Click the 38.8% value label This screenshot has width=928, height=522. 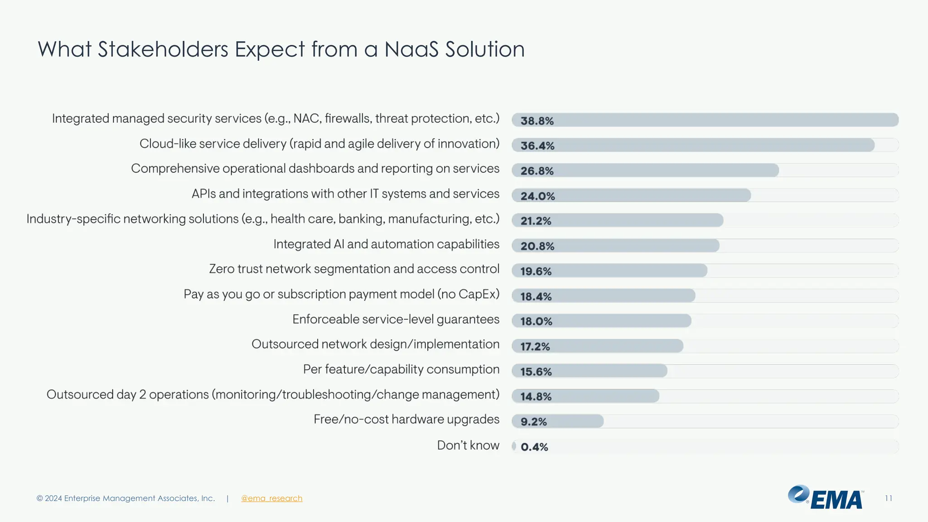(x=537, y=121)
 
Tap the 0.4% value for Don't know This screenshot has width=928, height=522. (x=534, y=447)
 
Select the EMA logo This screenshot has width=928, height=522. (x=826, y=498)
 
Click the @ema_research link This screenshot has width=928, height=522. (x=271, y=498)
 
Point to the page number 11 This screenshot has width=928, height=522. (x=888, y=498)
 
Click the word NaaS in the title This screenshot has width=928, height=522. (x=411, y=49)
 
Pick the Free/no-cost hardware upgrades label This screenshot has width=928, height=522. (x=406, y=420)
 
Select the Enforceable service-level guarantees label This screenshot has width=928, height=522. (x=396, y=319)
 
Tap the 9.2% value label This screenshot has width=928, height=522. (x=533, y=422)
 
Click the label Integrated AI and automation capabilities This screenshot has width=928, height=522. (x=386, y=244)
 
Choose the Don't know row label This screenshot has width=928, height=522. (x=468, y=445)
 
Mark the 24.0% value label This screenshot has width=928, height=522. (x=537, y=196)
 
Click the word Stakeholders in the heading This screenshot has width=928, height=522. (x=163, y=49)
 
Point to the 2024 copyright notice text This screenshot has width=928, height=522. (x=126, y=498)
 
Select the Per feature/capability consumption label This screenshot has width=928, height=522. (x=401, y=370)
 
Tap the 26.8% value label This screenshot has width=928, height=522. (x=537, y=171)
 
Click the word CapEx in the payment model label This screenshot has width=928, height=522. (x=476, y=295)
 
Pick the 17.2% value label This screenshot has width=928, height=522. (x=535, y=347)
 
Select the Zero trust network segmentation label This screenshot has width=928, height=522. (x=354, y=269)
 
